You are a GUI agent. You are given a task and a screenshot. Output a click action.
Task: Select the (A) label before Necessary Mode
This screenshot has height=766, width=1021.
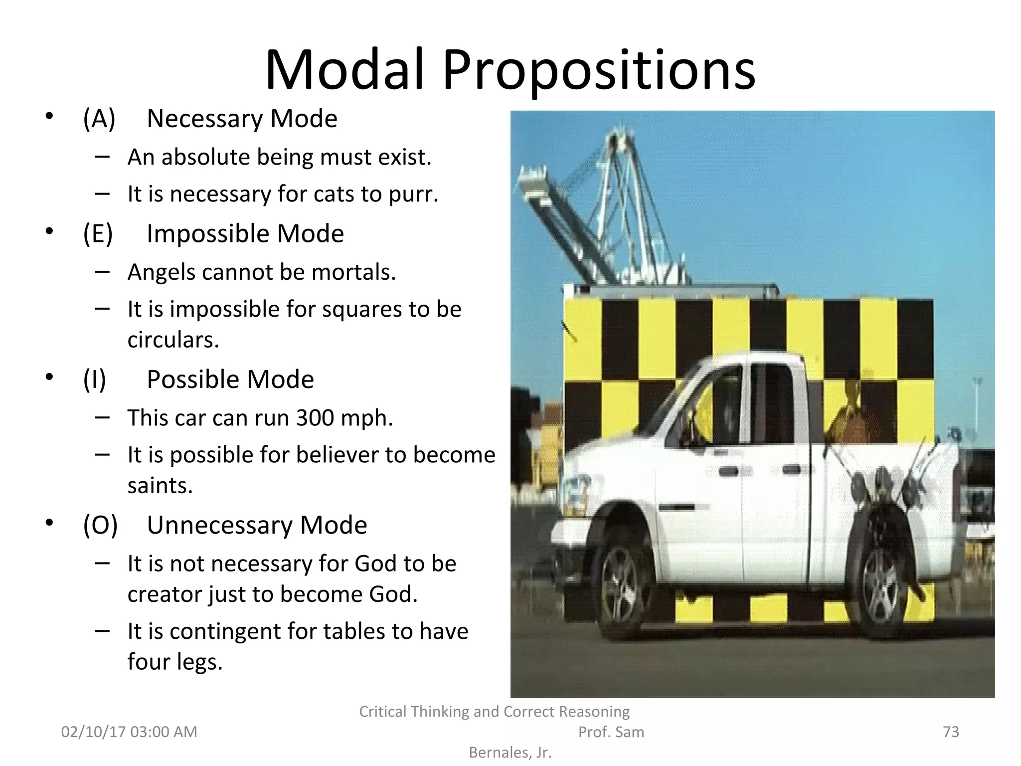99,119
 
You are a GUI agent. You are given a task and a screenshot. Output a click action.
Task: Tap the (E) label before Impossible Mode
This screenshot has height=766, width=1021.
98,233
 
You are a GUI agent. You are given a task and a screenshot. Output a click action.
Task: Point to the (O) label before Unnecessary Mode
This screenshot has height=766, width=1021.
100,525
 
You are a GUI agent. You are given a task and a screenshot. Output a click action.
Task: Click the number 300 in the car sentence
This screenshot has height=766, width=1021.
315,417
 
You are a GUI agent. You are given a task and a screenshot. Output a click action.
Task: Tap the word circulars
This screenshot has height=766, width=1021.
173,340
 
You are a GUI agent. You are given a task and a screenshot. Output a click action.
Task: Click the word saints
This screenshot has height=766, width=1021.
160,485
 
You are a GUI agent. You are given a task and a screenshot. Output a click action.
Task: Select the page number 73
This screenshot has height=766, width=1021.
951,732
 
